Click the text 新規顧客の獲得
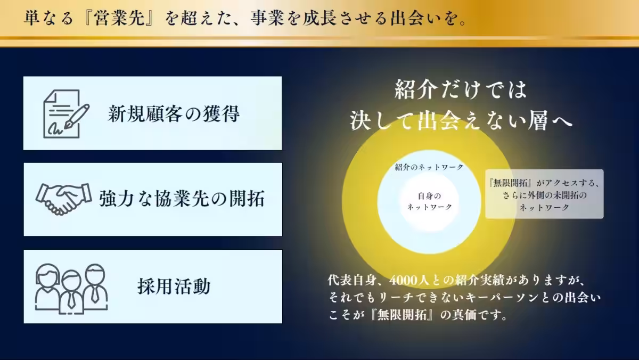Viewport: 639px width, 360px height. [174, 113]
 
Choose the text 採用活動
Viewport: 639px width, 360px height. [174, 287]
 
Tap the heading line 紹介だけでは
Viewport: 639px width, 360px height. [461, 89]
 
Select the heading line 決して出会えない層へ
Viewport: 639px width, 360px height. [461, 120]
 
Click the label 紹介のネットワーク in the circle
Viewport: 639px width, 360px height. [429, 167]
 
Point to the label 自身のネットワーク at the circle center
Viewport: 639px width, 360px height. [429, 201]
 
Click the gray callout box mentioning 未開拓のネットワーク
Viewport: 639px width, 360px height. [544, 194]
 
